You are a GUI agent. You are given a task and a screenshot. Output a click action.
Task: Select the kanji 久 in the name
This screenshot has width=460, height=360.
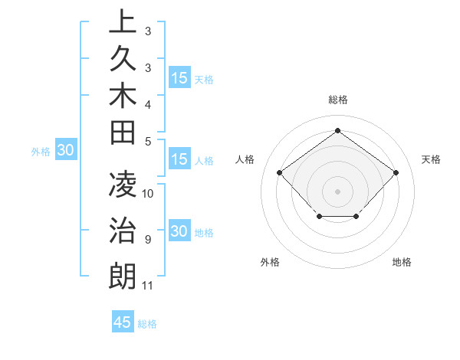(x=123, y=61)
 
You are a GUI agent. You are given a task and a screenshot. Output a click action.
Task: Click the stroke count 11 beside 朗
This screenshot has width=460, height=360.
(x=148, y=286)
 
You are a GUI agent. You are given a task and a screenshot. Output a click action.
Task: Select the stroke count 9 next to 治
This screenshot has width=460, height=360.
(x=147, y=240)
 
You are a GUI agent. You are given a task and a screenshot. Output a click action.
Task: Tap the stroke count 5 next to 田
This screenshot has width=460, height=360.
(x=147, y=141)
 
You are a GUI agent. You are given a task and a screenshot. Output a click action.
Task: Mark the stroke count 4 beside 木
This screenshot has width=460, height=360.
(x=147, y=103)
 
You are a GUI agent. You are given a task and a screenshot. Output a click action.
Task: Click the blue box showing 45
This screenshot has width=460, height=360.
(x=123, y=322)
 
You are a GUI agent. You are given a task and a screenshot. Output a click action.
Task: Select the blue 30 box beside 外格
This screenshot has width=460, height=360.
(x=65, y=151)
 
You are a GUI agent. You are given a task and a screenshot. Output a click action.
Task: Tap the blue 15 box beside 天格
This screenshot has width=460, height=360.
(x=179, y=78)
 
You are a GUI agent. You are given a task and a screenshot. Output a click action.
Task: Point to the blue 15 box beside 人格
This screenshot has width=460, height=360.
(x=179, y=160)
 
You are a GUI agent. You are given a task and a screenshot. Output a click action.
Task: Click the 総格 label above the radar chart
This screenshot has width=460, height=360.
(x=337, y=100)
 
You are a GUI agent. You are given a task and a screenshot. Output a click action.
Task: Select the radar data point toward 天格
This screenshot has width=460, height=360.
(x=396, y=172)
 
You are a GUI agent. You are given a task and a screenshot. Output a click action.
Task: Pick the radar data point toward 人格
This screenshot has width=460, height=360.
(x=280, y=172)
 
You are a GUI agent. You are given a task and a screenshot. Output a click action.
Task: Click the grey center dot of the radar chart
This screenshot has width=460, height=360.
(x=337, y=191)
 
